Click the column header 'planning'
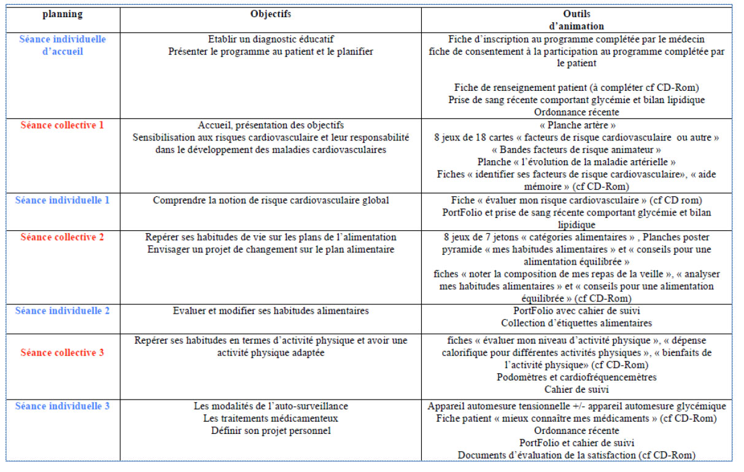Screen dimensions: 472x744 pos(62,14)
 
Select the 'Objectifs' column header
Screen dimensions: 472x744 pos(271,14)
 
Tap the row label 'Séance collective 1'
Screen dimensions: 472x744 pos(62,125)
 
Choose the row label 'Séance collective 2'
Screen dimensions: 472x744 pos(62,237)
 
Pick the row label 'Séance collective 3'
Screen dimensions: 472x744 pos(62,352)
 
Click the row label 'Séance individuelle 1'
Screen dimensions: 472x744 pos(62,200)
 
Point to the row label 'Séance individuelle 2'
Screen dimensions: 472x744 pos(62,311)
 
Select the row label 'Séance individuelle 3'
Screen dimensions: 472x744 pos(62,406)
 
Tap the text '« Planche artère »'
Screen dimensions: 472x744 pos(576,125)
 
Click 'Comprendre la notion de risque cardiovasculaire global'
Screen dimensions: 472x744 pos(271,200)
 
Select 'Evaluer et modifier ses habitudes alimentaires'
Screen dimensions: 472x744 pos(271,311)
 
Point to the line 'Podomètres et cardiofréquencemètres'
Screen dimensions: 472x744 pos(576,377)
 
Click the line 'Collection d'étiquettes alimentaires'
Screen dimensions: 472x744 pos(576,323)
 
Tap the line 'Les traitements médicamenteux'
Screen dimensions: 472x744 pos(271,418)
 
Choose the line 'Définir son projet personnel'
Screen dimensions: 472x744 pos(271,430)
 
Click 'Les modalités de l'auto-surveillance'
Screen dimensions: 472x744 pos(271,406)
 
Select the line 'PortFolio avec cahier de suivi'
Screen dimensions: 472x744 pos(576,311)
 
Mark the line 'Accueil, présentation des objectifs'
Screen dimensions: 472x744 pos(271,125)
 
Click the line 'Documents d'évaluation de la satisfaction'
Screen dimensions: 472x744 pos(576,455)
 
